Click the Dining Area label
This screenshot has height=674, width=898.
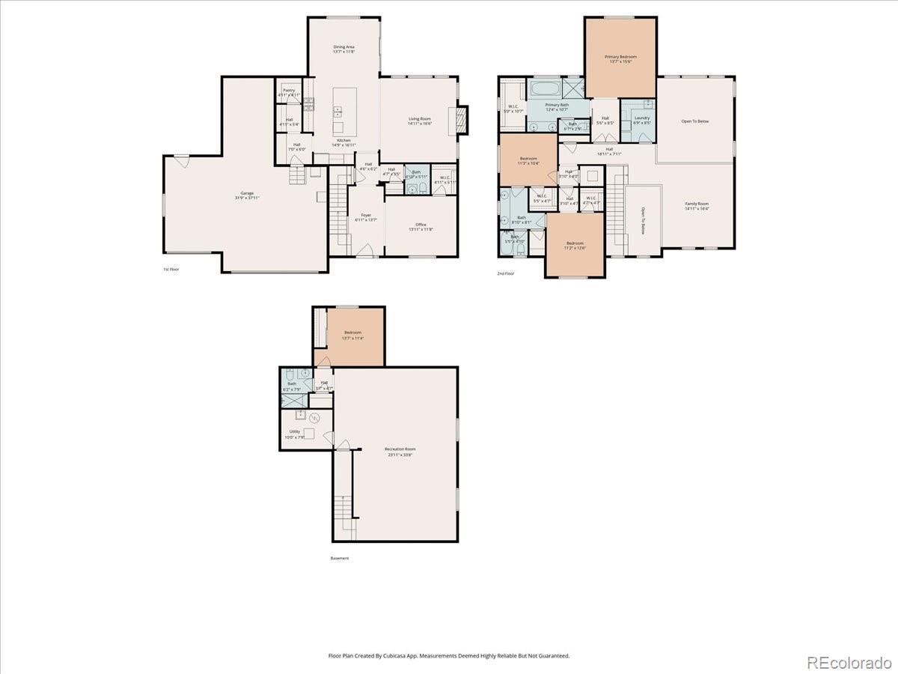point(343,46)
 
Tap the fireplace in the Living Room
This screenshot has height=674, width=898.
point(462,119)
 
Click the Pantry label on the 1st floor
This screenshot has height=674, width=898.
point(289,90)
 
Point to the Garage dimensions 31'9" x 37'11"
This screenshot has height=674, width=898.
point(247,198)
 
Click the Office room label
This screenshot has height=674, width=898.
point(421,225)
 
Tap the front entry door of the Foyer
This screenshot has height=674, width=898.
point(364,255)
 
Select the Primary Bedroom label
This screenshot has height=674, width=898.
point(620,56)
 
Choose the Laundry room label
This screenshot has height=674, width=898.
point(641,118)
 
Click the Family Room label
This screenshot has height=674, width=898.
point(697,204)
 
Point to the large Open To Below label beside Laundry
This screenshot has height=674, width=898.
point(694,121)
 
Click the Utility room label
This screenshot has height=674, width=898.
point(295,431)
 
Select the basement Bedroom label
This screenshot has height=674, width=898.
point(353,333)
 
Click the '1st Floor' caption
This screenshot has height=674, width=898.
point(171,269)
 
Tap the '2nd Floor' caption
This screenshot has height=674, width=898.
point(506,273)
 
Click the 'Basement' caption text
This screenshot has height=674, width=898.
point(340,558)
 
